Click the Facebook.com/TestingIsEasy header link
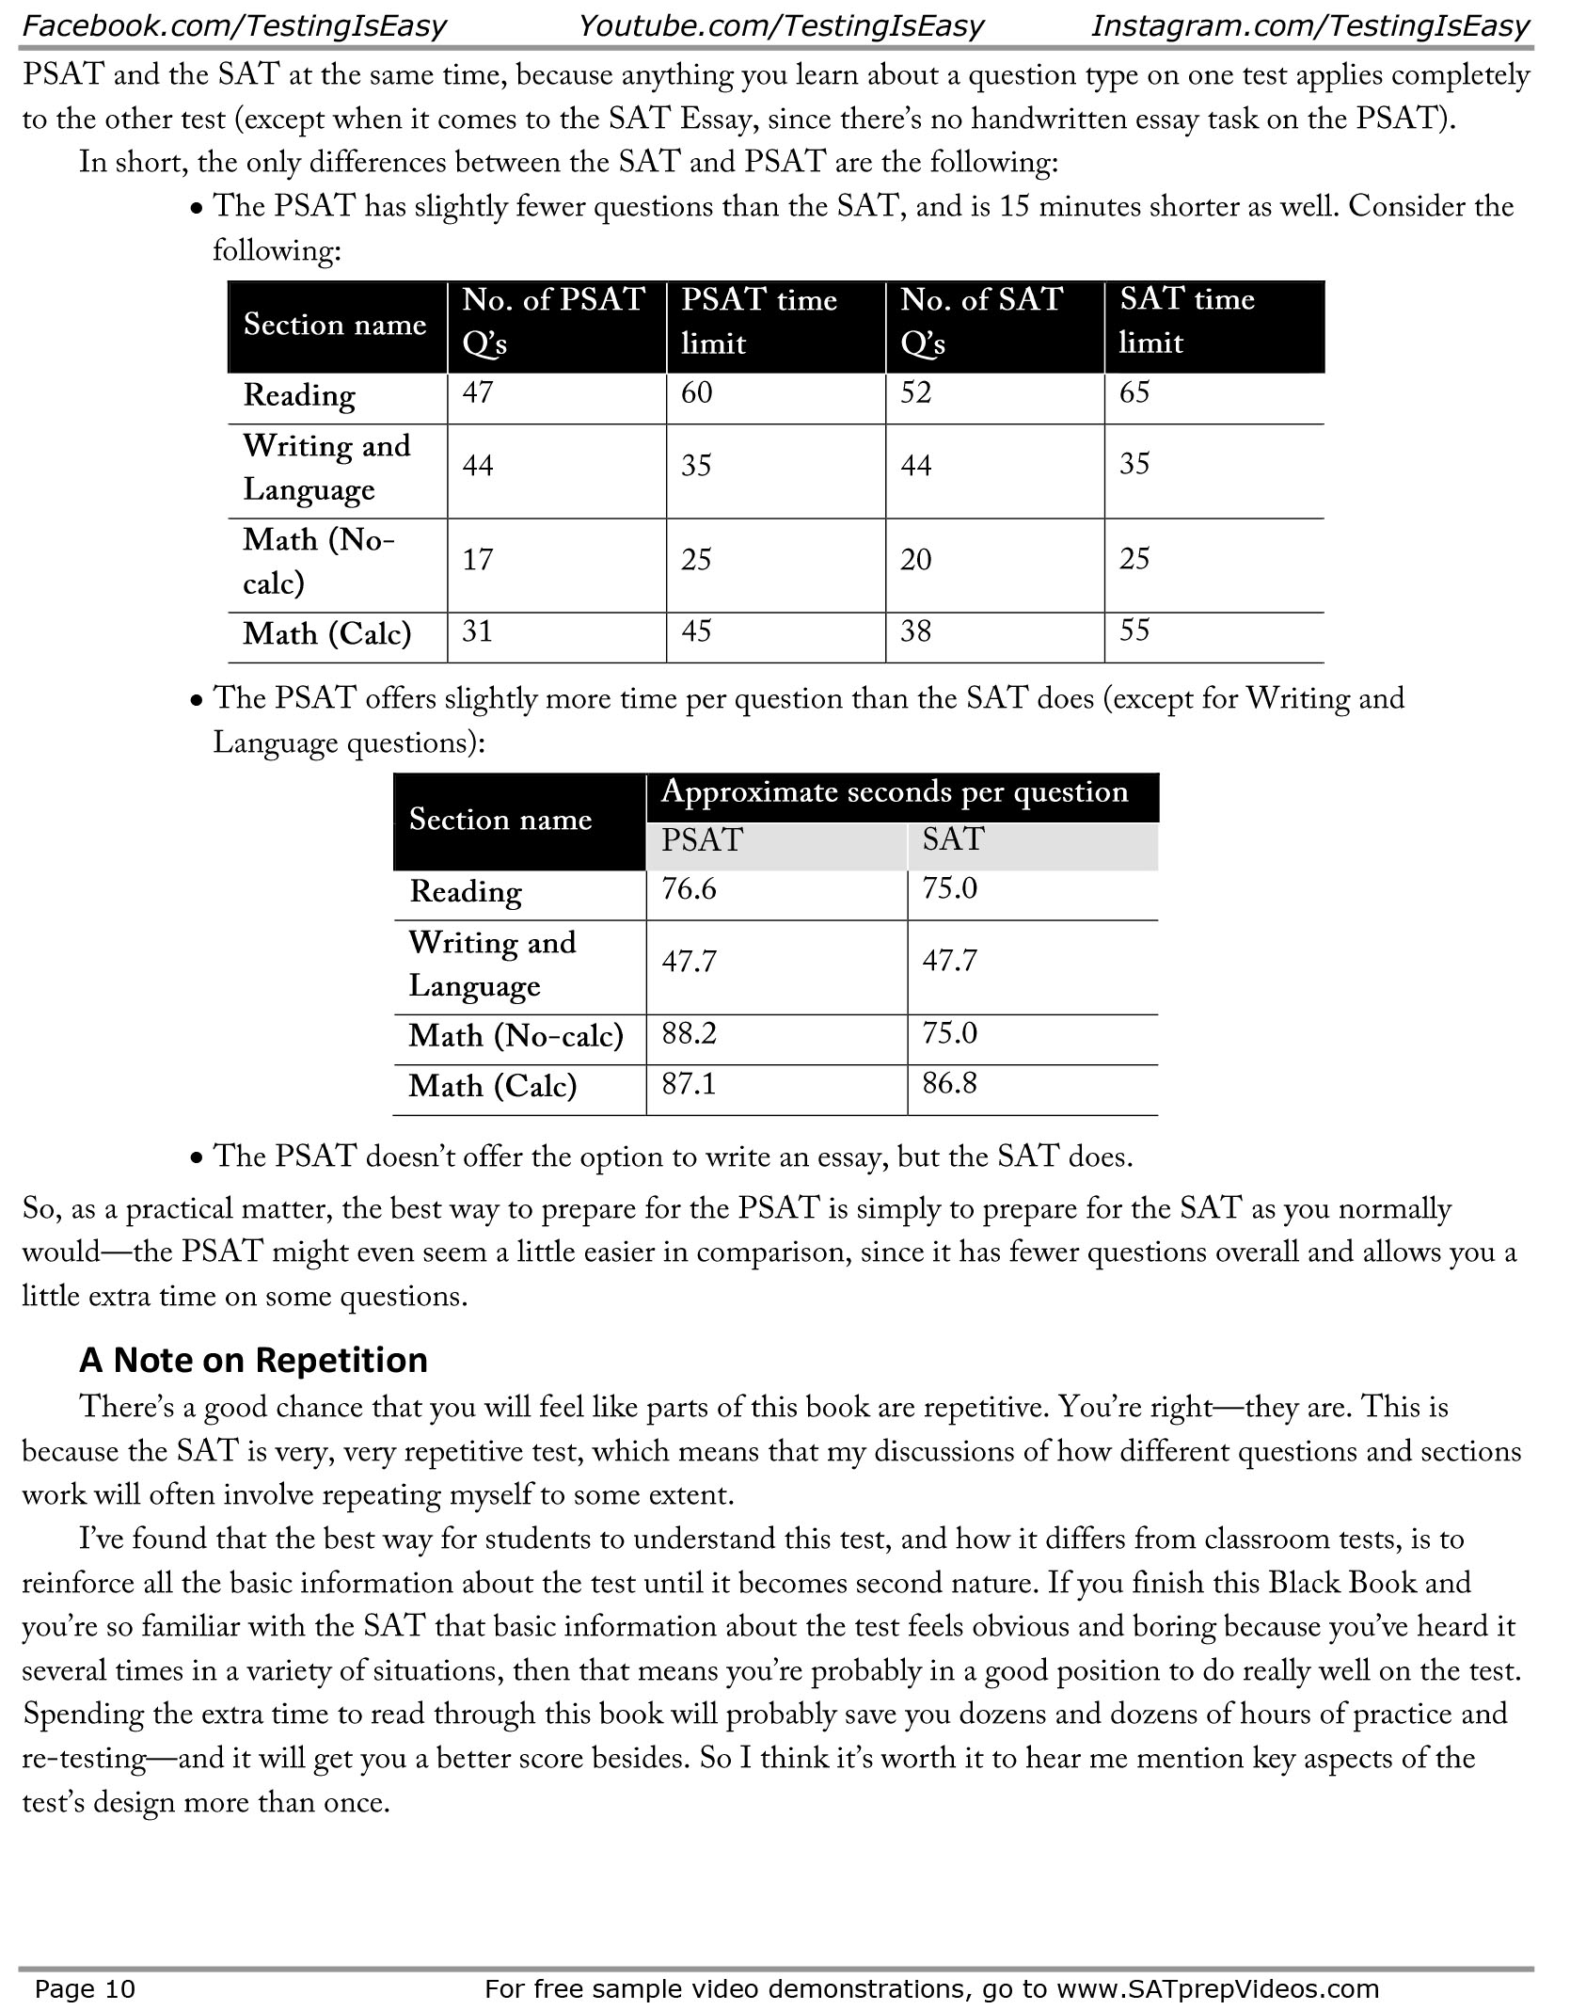(233, 25)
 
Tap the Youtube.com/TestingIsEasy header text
(781, 25)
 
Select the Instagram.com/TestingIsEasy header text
(1309, 25)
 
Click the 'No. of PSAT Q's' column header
(553, 322)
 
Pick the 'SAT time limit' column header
(1187, 321)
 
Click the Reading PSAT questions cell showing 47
(478, 392)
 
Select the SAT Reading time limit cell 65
(1134, 392)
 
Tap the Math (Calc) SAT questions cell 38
(916, 630)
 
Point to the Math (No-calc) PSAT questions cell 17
(478, 560)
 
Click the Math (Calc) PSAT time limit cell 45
(696, 630)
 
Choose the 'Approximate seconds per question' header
(894, 792)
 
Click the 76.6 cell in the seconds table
(689, 889)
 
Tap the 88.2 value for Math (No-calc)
(689, 1034)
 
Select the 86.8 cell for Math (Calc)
(950, 1084)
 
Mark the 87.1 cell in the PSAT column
(689, 1084)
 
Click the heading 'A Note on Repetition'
(253, 1360)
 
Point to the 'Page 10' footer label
(85, 1988)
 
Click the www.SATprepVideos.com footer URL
(1217, 1988)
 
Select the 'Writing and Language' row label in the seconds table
(492, 964)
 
